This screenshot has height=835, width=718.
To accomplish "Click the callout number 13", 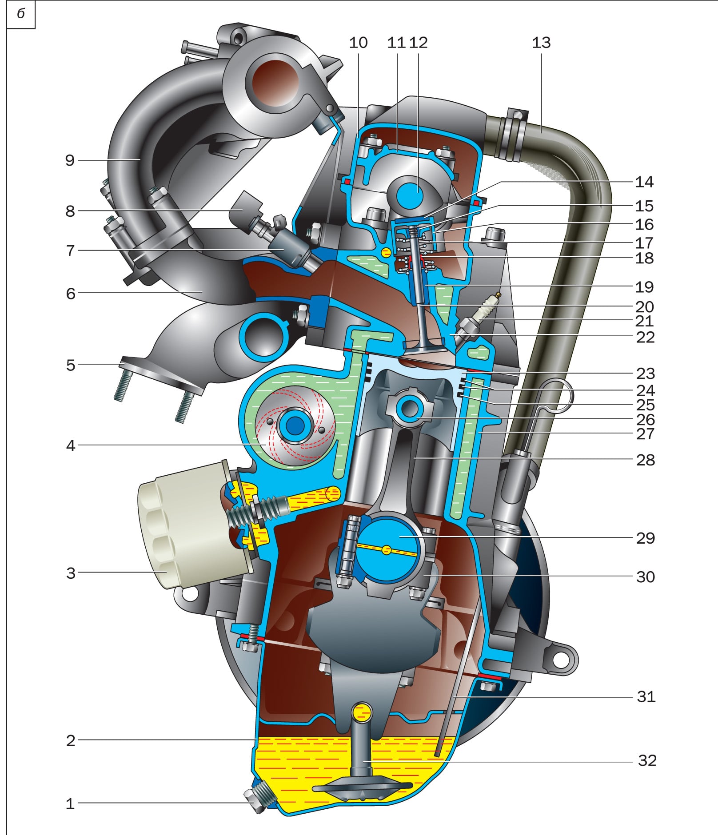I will coord(541,43).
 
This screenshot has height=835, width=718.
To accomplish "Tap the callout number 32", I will coord(646,760).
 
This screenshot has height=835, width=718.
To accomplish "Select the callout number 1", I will coord(70,803).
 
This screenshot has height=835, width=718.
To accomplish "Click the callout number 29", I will coord(645,538).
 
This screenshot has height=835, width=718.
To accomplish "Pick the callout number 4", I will coord(71,445).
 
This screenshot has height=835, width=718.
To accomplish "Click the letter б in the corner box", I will coord(21,14).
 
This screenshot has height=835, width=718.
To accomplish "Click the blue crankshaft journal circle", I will coord(387,550).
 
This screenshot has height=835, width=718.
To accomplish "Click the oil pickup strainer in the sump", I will coord(362,787).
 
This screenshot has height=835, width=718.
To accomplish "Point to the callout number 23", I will coord(645,373).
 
